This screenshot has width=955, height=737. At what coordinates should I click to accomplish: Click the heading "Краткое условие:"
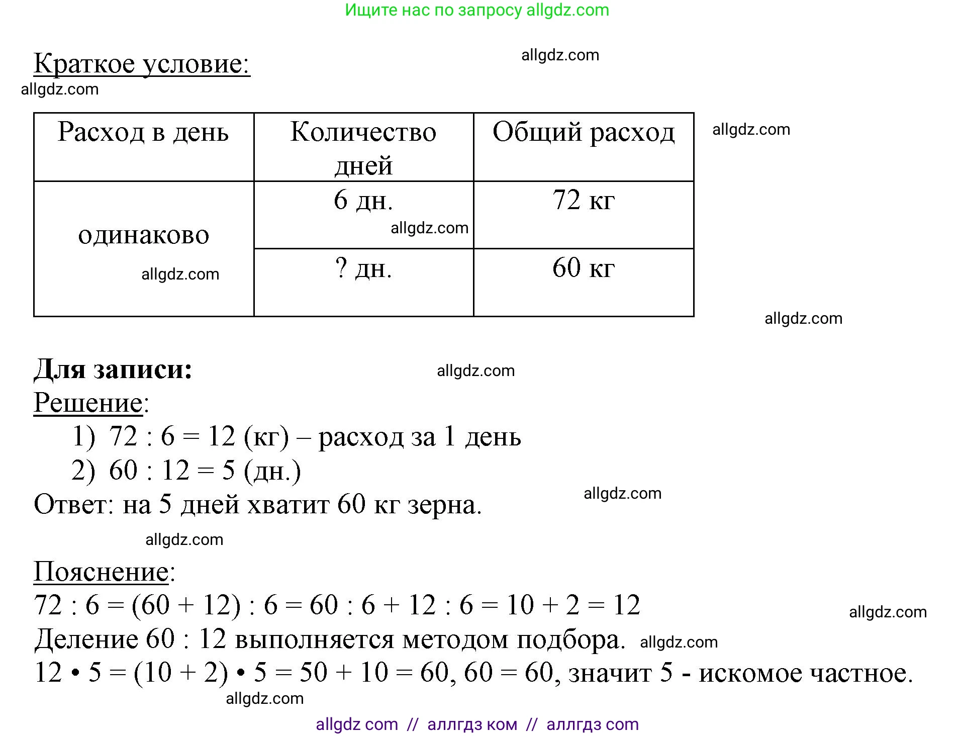click(x=142, y=64)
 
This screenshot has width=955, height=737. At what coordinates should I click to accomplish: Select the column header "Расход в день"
click(x=143, y=133)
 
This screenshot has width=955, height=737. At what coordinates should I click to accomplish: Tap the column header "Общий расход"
click(x=583, y=133)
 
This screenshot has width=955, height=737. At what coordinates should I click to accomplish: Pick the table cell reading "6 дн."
click(x=363, y=201)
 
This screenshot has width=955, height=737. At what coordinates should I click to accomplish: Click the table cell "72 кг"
click(x=583, y=201)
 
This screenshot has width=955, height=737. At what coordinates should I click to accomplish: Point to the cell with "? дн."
click(x=363, y=268)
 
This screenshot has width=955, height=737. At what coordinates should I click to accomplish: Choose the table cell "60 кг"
click(x=583, y=268)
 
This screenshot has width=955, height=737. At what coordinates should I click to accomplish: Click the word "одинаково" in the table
click(x=143, y=235)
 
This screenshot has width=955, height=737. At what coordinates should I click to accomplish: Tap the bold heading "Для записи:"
click(x=113, y=370)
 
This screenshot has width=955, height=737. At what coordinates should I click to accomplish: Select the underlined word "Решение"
click(x=88, y=403)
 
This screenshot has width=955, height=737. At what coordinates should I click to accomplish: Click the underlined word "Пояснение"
click(x=101, y=572)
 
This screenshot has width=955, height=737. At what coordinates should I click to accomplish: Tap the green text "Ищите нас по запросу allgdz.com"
click(x=477, y=10)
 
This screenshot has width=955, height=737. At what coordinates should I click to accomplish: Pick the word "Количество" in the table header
click(x=363, y=133)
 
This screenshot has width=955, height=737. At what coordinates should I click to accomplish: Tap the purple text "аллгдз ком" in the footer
click(x=472, y=724)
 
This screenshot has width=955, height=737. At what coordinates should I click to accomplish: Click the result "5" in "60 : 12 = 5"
click(x=229, y=471)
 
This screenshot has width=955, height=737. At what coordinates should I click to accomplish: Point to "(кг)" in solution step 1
click(x=266, y=437)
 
